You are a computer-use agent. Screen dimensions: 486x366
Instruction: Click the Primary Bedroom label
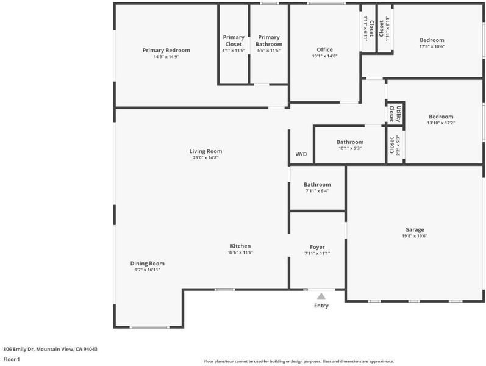coord(166,50)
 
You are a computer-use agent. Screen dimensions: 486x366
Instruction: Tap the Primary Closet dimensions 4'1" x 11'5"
coord(234,50)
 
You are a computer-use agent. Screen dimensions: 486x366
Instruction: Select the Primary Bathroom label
coord(269,41)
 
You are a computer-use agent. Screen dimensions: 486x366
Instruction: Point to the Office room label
coord(324,49)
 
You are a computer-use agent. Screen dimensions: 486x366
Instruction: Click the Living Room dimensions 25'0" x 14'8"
coord(205,157)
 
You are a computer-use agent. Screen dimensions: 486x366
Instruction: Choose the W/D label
coord(301,154)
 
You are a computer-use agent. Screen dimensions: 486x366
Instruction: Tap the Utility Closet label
coord(395,113)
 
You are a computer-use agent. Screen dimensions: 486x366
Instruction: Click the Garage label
coord(415,230)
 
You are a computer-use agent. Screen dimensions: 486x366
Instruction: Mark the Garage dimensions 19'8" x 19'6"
coord(415,236)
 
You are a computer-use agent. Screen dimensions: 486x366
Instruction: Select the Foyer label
coord(317,247)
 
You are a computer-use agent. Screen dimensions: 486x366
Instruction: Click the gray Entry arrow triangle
coord(321,296)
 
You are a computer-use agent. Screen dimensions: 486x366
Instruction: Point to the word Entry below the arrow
coord(321,306)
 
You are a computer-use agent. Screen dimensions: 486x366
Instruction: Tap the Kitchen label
coord(240,246)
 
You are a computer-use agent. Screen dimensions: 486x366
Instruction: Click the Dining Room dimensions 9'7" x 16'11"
coord(147,270)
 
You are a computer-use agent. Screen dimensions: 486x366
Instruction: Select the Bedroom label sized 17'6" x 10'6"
coord(432,40)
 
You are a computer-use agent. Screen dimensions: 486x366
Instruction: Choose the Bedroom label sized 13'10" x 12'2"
coord(441,117)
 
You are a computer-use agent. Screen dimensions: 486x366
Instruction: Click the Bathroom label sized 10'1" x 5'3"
coord(350,142)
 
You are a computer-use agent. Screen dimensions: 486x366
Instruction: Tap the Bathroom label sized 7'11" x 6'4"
coord(317,185)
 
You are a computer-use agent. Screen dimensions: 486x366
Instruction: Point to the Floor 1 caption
coord(12,359)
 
